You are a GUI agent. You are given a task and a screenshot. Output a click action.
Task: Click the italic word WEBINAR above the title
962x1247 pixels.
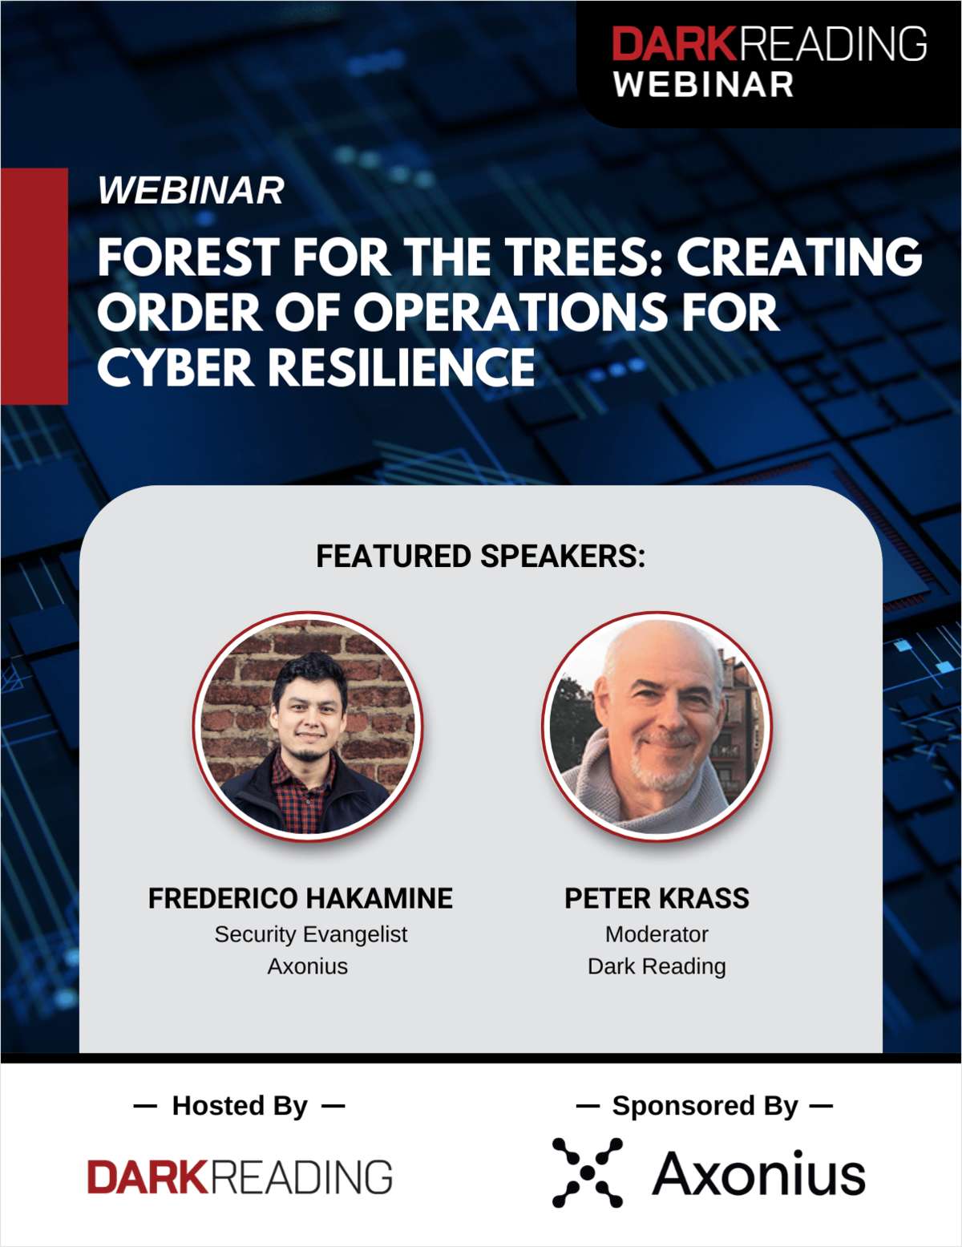tap(191, 190)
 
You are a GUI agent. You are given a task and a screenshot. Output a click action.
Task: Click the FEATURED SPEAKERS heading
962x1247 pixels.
tap(481, 556)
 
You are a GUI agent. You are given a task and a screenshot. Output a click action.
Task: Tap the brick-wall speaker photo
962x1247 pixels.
tap(308, 727)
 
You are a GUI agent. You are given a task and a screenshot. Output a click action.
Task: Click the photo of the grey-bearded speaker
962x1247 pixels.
tap(657, 727)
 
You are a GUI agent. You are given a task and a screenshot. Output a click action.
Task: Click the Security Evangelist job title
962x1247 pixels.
tap(311, 934)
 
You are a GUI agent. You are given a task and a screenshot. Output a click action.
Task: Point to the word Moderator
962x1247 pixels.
tap(657, 934)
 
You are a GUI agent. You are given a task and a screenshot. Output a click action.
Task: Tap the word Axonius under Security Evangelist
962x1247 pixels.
tap(308, 966)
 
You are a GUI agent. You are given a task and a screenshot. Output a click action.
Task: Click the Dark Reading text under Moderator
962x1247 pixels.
tap(657, 967)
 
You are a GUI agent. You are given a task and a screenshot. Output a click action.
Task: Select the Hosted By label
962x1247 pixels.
tap(240, 1106)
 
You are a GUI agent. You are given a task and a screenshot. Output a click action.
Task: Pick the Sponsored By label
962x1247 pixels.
tap(705, 1106)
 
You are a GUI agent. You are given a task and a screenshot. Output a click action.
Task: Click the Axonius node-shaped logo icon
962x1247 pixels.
tap(588, 1172)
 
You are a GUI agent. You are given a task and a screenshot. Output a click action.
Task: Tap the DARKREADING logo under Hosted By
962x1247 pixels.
tap(240, 1176)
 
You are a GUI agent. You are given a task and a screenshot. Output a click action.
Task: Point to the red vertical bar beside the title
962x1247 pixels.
tap(34, 286)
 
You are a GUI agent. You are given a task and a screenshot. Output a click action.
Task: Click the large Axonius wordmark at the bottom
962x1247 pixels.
tap(758, 1173)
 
